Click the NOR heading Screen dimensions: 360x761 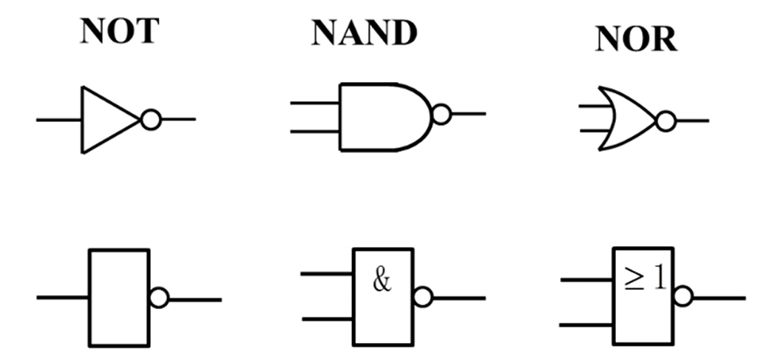(636, 41)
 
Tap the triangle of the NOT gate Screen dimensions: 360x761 (107, 119)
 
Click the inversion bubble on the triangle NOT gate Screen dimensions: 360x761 (150, 120)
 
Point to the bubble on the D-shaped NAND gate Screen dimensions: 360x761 (442, 115)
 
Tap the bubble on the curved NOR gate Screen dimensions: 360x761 (666, 120)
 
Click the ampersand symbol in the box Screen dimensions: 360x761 (382, 282)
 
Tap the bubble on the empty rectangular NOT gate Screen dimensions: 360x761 (158, 299)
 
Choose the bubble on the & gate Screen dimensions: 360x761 (422, 297)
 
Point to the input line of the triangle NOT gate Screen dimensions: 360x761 (59, 120)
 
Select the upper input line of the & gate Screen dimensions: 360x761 (326, 274)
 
